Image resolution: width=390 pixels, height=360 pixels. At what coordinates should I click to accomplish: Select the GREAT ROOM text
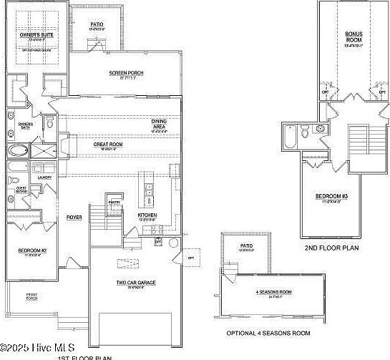pyautogui.click(x=108, y=144)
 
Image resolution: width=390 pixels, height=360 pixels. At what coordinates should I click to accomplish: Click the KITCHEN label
pyautogui.click(x=127, y=214)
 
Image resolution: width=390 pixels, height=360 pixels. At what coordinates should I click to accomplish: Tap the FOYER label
pyautogui.click(x=74, y=216)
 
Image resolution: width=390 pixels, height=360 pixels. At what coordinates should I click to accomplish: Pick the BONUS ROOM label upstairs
pyautogui.click(x=354, y=37)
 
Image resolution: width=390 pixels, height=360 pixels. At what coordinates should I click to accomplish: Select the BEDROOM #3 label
pyautogui.click(x=331, y=196)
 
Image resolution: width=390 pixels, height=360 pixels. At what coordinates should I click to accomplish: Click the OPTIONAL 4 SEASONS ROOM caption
pyautogui.click(x=268, y=333)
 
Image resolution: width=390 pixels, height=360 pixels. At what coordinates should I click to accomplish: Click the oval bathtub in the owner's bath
pyautogui.click(x=16, y=151)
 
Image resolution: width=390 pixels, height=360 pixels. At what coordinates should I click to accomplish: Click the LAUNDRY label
pyautogui.click(x=35, y=176)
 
